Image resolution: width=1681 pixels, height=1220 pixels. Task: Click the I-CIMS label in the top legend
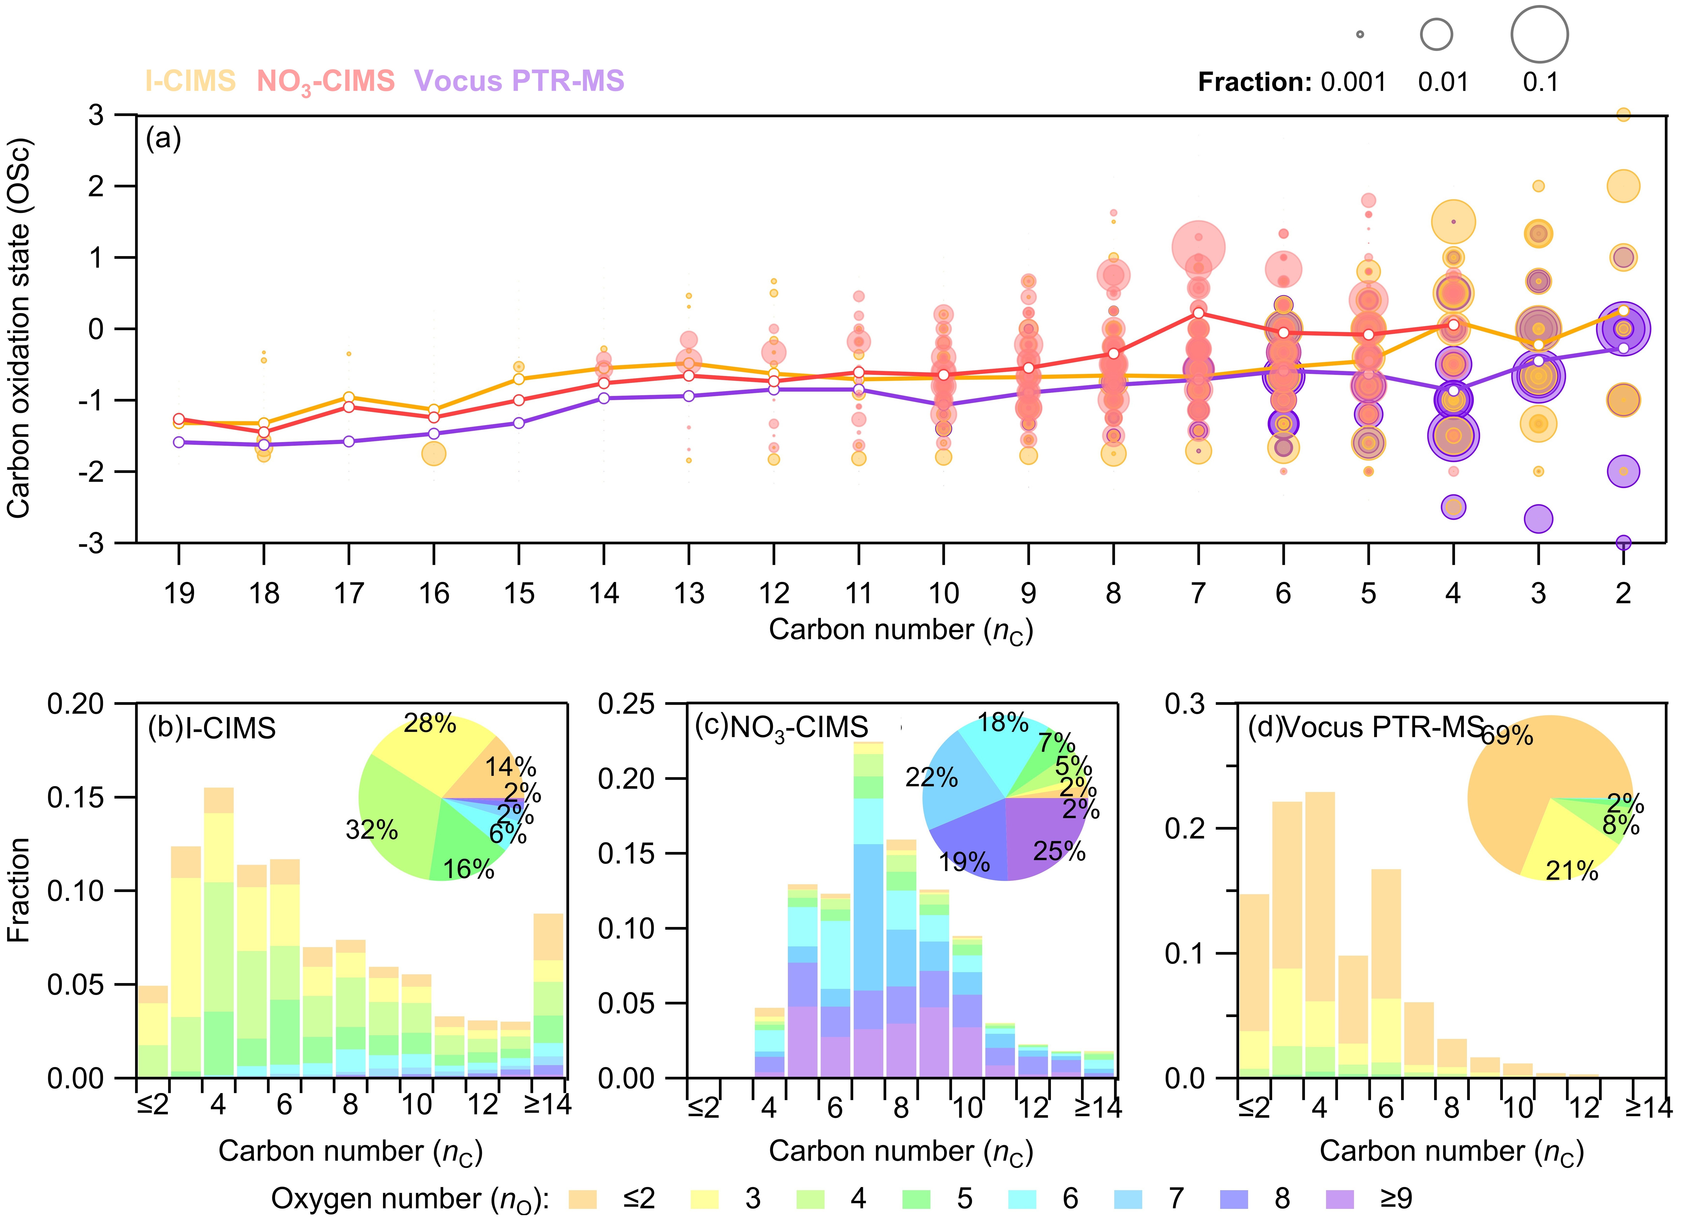pyautogui.click(x=191, y=81)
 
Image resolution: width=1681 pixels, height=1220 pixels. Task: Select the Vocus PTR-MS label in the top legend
pyautogui.click(x=519, y=81)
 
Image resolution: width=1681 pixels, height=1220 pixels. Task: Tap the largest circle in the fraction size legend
pyautogui.click(x=1539, y=34)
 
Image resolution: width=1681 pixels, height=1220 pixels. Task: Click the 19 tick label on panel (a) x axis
pyautogui.click(x=179, y=593)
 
